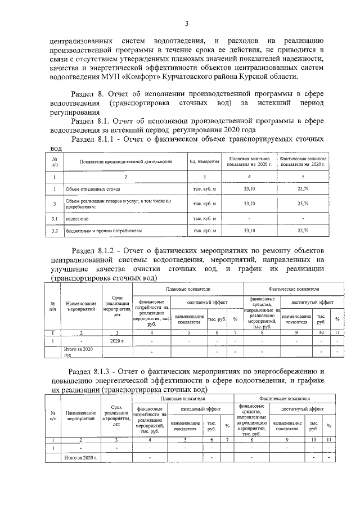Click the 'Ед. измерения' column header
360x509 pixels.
[x=204, y=162]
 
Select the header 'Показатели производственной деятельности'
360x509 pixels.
[x=125, y=162]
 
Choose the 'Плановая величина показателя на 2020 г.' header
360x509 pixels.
[x=249, y=162]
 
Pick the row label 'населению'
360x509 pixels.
[x=77, y=217]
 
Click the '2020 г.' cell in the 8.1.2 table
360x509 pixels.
[x=117, y=341]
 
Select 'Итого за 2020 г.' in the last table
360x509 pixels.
[x=82, y=458]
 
